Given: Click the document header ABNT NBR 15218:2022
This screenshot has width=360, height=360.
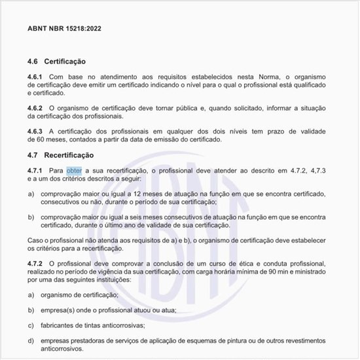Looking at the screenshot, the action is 64,29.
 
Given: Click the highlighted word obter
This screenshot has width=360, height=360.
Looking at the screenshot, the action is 74,171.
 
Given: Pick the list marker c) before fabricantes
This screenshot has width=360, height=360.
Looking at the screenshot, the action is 31,325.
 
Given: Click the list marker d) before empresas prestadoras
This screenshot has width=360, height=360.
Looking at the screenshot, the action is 31,340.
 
